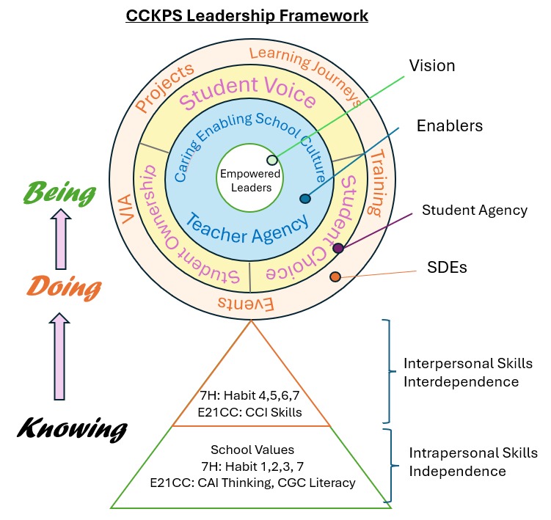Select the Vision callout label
[x=431, y=66]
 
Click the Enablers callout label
[x=448, y=125]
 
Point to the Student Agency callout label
[x=475, y=210]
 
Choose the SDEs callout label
[x=448, y=267]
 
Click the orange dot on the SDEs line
[x=335, y=277]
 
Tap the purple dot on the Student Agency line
[x=337, y=249]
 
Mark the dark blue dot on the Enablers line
[x=305, y=198]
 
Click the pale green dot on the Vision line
[x=272, y=160]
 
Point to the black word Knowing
[x=72, y=428]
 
